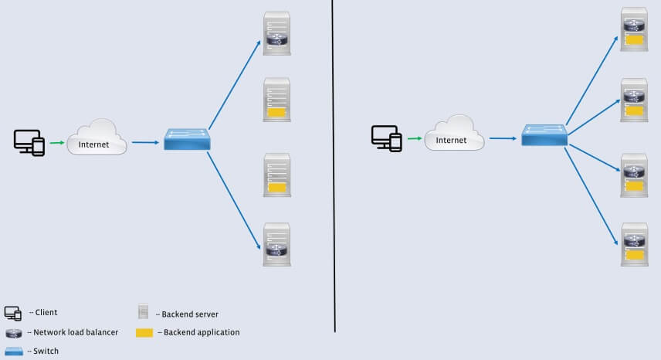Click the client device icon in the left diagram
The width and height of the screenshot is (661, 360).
point(29,142)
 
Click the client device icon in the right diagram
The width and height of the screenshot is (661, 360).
point(386,138)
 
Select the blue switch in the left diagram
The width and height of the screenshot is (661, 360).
point(187,139)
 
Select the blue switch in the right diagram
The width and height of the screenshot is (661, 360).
point(544,135)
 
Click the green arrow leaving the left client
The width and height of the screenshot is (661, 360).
point(57,142)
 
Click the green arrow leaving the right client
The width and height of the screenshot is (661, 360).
point(414,138)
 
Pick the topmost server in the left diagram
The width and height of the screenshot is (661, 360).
point(276,33)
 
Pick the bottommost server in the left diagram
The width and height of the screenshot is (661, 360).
point(276,245)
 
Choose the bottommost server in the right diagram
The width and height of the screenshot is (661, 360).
point(634,245)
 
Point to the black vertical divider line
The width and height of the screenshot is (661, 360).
point(334,166)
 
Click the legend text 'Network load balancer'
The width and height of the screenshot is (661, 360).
point(76,332)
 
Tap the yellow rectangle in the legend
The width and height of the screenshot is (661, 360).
point(144,333)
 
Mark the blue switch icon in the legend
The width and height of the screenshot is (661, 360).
point(14,350)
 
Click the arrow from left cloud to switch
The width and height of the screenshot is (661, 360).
point(146,142)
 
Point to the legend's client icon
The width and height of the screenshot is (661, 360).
point(12,313)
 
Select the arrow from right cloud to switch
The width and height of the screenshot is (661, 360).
point(503,138)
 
